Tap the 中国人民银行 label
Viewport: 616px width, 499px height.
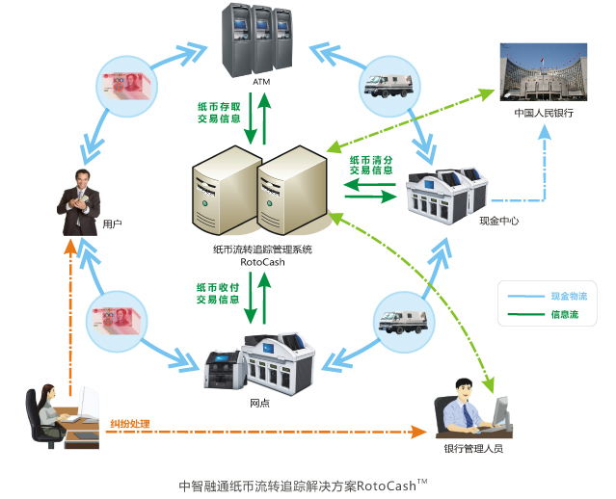544,113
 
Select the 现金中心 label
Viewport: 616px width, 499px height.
498,221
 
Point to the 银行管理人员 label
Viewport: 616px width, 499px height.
472,449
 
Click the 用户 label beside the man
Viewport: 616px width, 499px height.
111,223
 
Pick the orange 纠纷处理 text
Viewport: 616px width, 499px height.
128,423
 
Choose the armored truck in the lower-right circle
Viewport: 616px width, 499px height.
400,317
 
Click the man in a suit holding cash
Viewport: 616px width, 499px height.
78,200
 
